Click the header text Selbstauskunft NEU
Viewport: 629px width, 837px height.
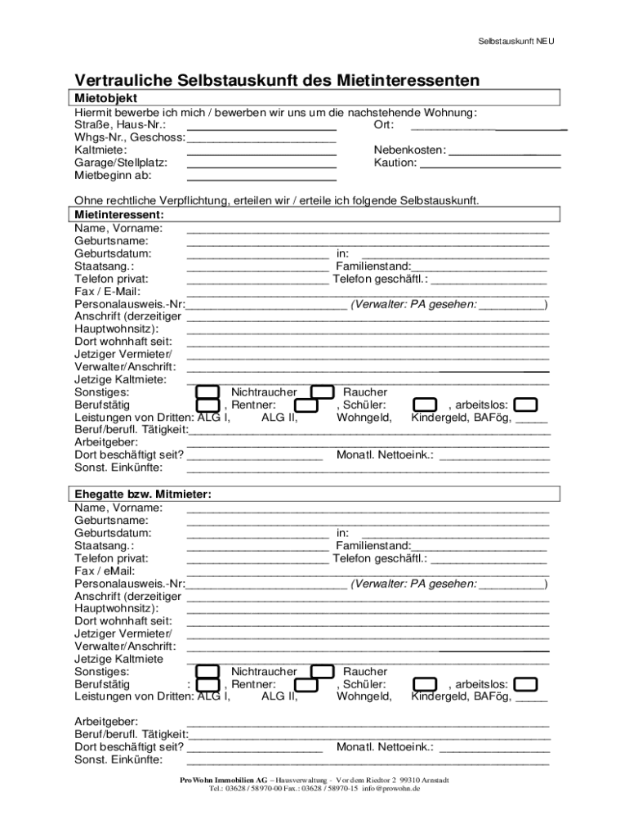(x=516, y=42)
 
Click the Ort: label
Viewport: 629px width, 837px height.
(x=384, y=125)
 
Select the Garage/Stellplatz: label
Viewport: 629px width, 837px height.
(x=121, y=163)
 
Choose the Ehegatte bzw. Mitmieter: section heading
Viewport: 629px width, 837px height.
(x=143, y=494)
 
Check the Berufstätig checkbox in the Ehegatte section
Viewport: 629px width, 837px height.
(x=209, y=684)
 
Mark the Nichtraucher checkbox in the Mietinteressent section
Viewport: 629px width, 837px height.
(x=209, y=392)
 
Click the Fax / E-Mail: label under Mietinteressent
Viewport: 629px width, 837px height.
(x=107, y=291)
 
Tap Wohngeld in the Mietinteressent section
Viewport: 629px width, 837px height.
(x=364, y=418)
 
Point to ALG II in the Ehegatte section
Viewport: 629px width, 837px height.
(x=279, y=696)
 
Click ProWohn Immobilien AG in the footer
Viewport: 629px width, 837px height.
(x=225, y=781)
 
